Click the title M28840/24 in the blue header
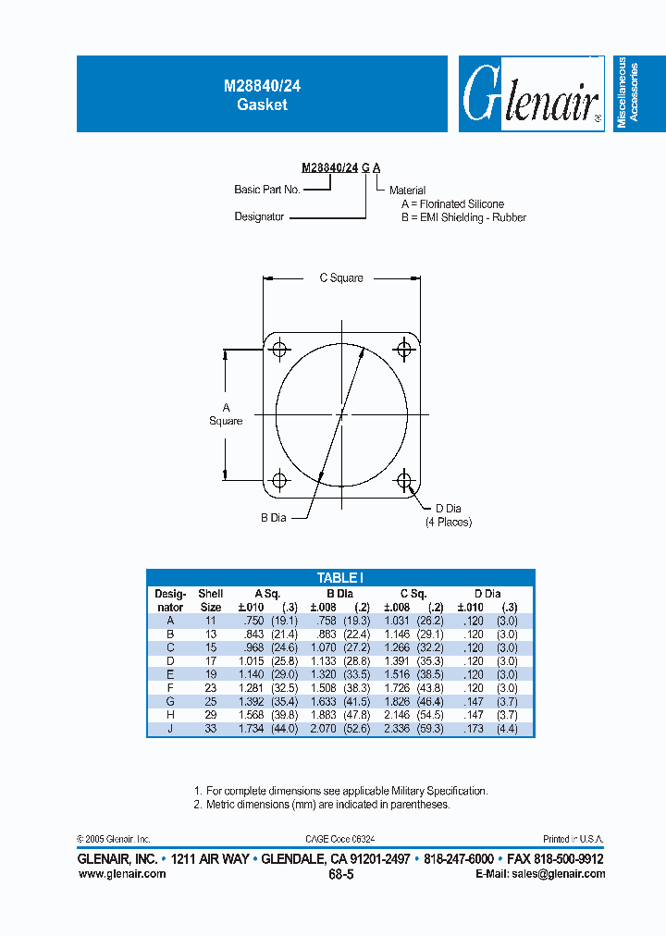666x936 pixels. [262, 84]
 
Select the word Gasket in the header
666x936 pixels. [262, 105]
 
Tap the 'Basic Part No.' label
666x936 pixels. [266, 190]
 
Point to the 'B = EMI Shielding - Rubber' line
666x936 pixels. [463, 217]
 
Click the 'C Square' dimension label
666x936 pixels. [341, 277]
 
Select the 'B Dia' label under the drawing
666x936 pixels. [273, 518]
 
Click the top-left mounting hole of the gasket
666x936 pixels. [278, 350]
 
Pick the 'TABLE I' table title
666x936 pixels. [340, 577]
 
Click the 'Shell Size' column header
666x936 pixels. [211, 600]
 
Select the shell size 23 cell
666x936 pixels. [211, 688]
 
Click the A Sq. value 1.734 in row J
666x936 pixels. [250, 729]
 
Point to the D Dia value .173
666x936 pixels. [474, 729]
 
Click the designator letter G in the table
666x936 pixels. [170, 702]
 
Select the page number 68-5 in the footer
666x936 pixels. [340, 873]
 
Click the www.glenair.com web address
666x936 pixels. [122, 874]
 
